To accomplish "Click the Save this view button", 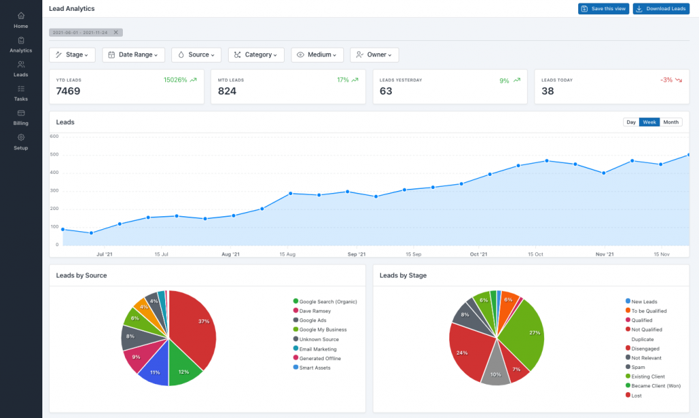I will [x=603, y=9].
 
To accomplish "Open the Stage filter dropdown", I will [x=72, y=55].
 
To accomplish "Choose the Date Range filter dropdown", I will [x=134, y=55].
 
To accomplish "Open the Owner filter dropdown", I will [x=374, y=55].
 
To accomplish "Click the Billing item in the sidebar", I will [x=21, y=117].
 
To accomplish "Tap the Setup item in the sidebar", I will [x=21, y=142].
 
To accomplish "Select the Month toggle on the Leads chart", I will [x=671, y=122].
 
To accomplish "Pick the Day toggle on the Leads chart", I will [x=631, y=122].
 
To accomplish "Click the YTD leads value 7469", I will [x=69, y=91].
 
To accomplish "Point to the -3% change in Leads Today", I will [x=667, y=80].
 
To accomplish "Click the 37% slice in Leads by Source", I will [x=195, y=327].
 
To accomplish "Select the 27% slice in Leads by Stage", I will [x=526, y=334].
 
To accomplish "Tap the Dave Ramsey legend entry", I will [x=315, y=311].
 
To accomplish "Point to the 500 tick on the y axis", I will [x=54, y=154].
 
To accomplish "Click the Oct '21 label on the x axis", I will [x=479, y=254].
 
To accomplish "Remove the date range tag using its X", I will [x=116, y=33].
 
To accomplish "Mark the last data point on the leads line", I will [x=688, y=155].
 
